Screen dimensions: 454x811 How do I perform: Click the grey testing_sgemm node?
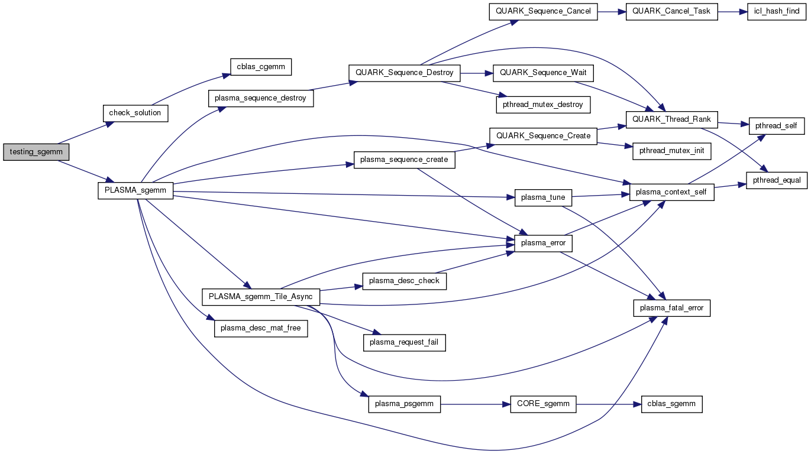tap(36, 152)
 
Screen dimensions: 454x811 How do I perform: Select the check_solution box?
tap(135, 113)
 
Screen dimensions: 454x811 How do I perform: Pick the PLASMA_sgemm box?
tap(135, 190)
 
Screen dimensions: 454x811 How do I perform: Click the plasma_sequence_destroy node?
tap(260, 98)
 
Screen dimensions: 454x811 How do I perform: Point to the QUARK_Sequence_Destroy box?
tap(404, 73)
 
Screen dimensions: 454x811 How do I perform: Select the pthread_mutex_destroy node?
tap(542, 105)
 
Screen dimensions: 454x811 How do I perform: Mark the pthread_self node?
tap(777, 126)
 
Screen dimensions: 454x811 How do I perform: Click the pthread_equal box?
tap(777, 180)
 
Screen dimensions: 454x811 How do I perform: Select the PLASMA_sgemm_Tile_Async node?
tap(261, 296)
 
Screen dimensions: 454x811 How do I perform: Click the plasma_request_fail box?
tap(404, 342)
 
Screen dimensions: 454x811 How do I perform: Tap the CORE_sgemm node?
tap(542, 404)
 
